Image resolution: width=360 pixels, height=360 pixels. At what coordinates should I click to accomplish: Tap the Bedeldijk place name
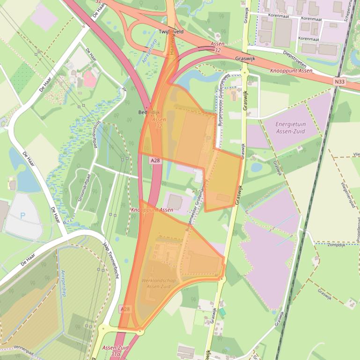[x=149, y=113]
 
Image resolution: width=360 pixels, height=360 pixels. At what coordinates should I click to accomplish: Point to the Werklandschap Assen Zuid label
[x=157, y=283]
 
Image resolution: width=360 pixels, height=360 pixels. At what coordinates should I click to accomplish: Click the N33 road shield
[x=340, y=81]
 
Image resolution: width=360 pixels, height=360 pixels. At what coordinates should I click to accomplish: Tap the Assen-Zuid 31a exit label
[x=115, y=351]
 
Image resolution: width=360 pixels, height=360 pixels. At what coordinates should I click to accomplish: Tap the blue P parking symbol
[x=22, y=216]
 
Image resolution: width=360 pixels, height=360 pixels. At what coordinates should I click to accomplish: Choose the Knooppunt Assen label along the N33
[x=290, y=71]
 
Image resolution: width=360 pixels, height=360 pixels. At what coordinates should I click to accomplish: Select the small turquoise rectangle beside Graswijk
[x=222, y=311]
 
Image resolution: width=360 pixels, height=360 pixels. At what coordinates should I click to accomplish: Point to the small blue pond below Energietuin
[x=256, y=167]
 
